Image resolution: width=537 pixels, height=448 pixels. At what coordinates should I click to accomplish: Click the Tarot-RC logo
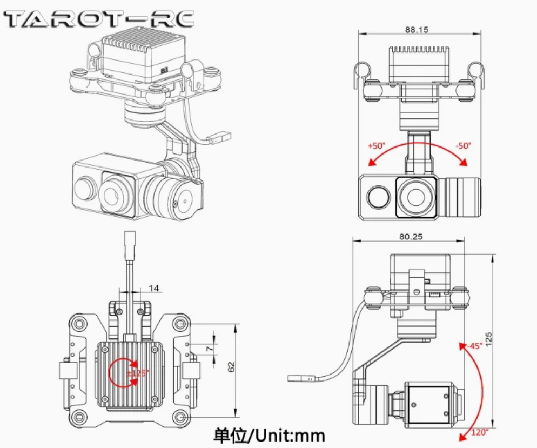pos(99,19)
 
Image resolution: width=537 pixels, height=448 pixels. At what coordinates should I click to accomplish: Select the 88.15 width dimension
pos(416,30)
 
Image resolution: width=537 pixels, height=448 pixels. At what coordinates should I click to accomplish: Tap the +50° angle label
pos(377,146)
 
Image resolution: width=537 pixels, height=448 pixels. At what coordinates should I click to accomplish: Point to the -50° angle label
pos(463,145)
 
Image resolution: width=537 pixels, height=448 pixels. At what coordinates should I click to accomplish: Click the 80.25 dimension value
pos(410,236)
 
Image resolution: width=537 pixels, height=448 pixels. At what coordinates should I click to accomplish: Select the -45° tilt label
pos(475,346)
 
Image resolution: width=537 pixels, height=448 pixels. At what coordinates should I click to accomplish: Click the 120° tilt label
pos(479,432)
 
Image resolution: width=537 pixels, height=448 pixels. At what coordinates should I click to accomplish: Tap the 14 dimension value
pos(154,289)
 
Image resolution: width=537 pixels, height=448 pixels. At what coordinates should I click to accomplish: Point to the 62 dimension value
pos(231,367)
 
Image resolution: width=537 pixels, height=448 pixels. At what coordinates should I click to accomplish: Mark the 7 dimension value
pos(210,349)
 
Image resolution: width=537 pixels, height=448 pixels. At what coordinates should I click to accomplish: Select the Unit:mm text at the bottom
pos(271,434)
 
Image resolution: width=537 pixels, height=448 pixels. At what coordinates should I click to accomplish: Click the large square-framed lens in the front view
pos(416,197)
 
